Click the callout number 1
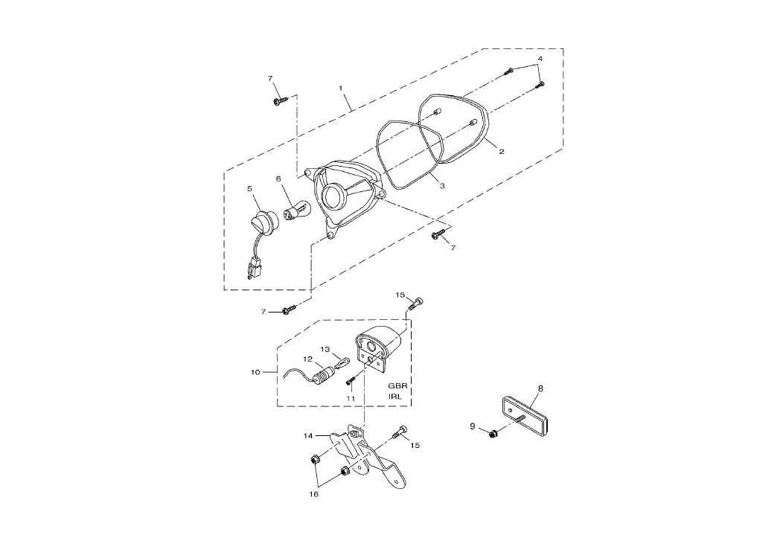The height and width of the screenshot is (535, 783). point(341,88)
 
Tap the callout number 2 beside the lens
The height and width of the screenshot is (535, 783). point(502,151)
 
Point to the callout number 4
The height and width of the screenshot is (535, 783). point(540,58)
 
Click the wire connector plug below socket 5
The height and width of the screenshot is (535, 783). point(253,268)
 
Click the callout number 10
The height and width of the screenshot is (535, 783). point(255,372)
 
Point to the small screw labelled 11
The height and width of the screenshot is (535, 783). point(352,381)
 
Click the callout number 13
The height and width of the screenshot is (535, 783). point(325,349)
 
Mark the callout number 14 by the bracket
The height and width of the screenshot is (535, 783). point(309,436)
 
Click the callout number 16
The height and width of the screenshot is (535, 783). point(313,494)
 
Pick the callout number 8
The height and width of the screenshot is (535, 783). point(540,388)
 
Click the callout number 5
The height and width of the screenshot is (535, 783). point(250,188)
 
